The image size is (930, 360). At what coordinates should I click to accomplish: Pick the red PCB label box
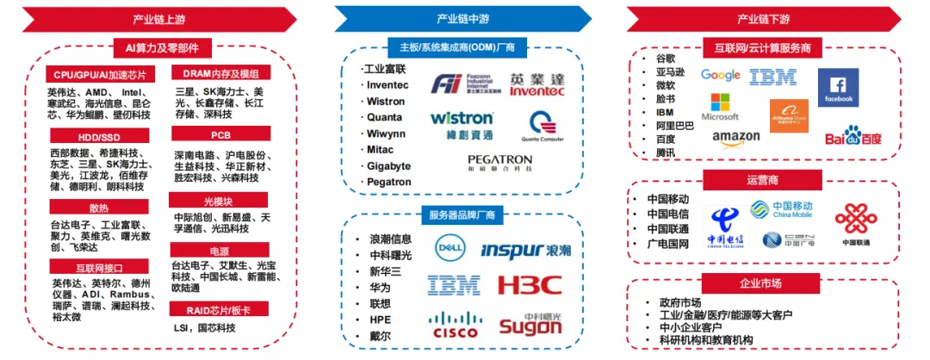pos(221,133)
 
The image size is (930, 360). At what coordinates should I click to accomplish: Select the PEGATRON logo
pos(500,163)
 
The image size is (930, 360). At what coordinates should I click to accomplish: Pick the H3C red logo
pos(530,284)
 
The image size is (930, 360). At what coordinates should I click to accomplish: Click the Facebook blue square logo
pos(838,87)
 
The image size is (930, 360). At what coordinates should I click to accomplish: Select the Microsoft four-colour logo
pos(720,108)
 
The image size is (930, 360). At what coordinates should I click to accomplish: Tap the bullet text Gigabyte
pos(388,165)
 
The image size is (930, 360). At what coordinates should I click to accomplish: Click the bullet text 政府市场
pos(679,302)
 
